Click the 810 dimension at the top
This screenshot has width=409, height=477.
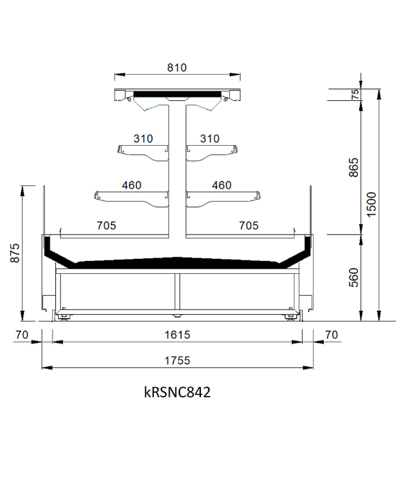click(177, 67)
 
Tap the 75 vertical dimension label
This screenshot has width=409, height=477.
click(355, 94)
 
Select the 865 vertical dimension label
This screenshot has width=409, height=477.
click(354, 167)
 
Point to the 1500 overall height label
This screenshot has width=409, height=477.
click(372, 204)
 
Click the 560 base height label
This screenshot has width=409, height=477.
click(354, 277)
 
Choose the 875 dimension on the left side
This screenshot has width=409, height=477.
click(14, 253)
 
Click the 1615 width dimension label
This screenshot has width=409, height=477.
click(177, 335)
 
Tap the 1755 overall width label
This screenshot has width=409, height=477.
click(177, 360)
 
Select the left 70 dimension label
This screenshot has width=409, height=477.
click(22, 335)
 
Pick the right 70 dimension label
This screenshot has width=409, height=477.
click(331, 335)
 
